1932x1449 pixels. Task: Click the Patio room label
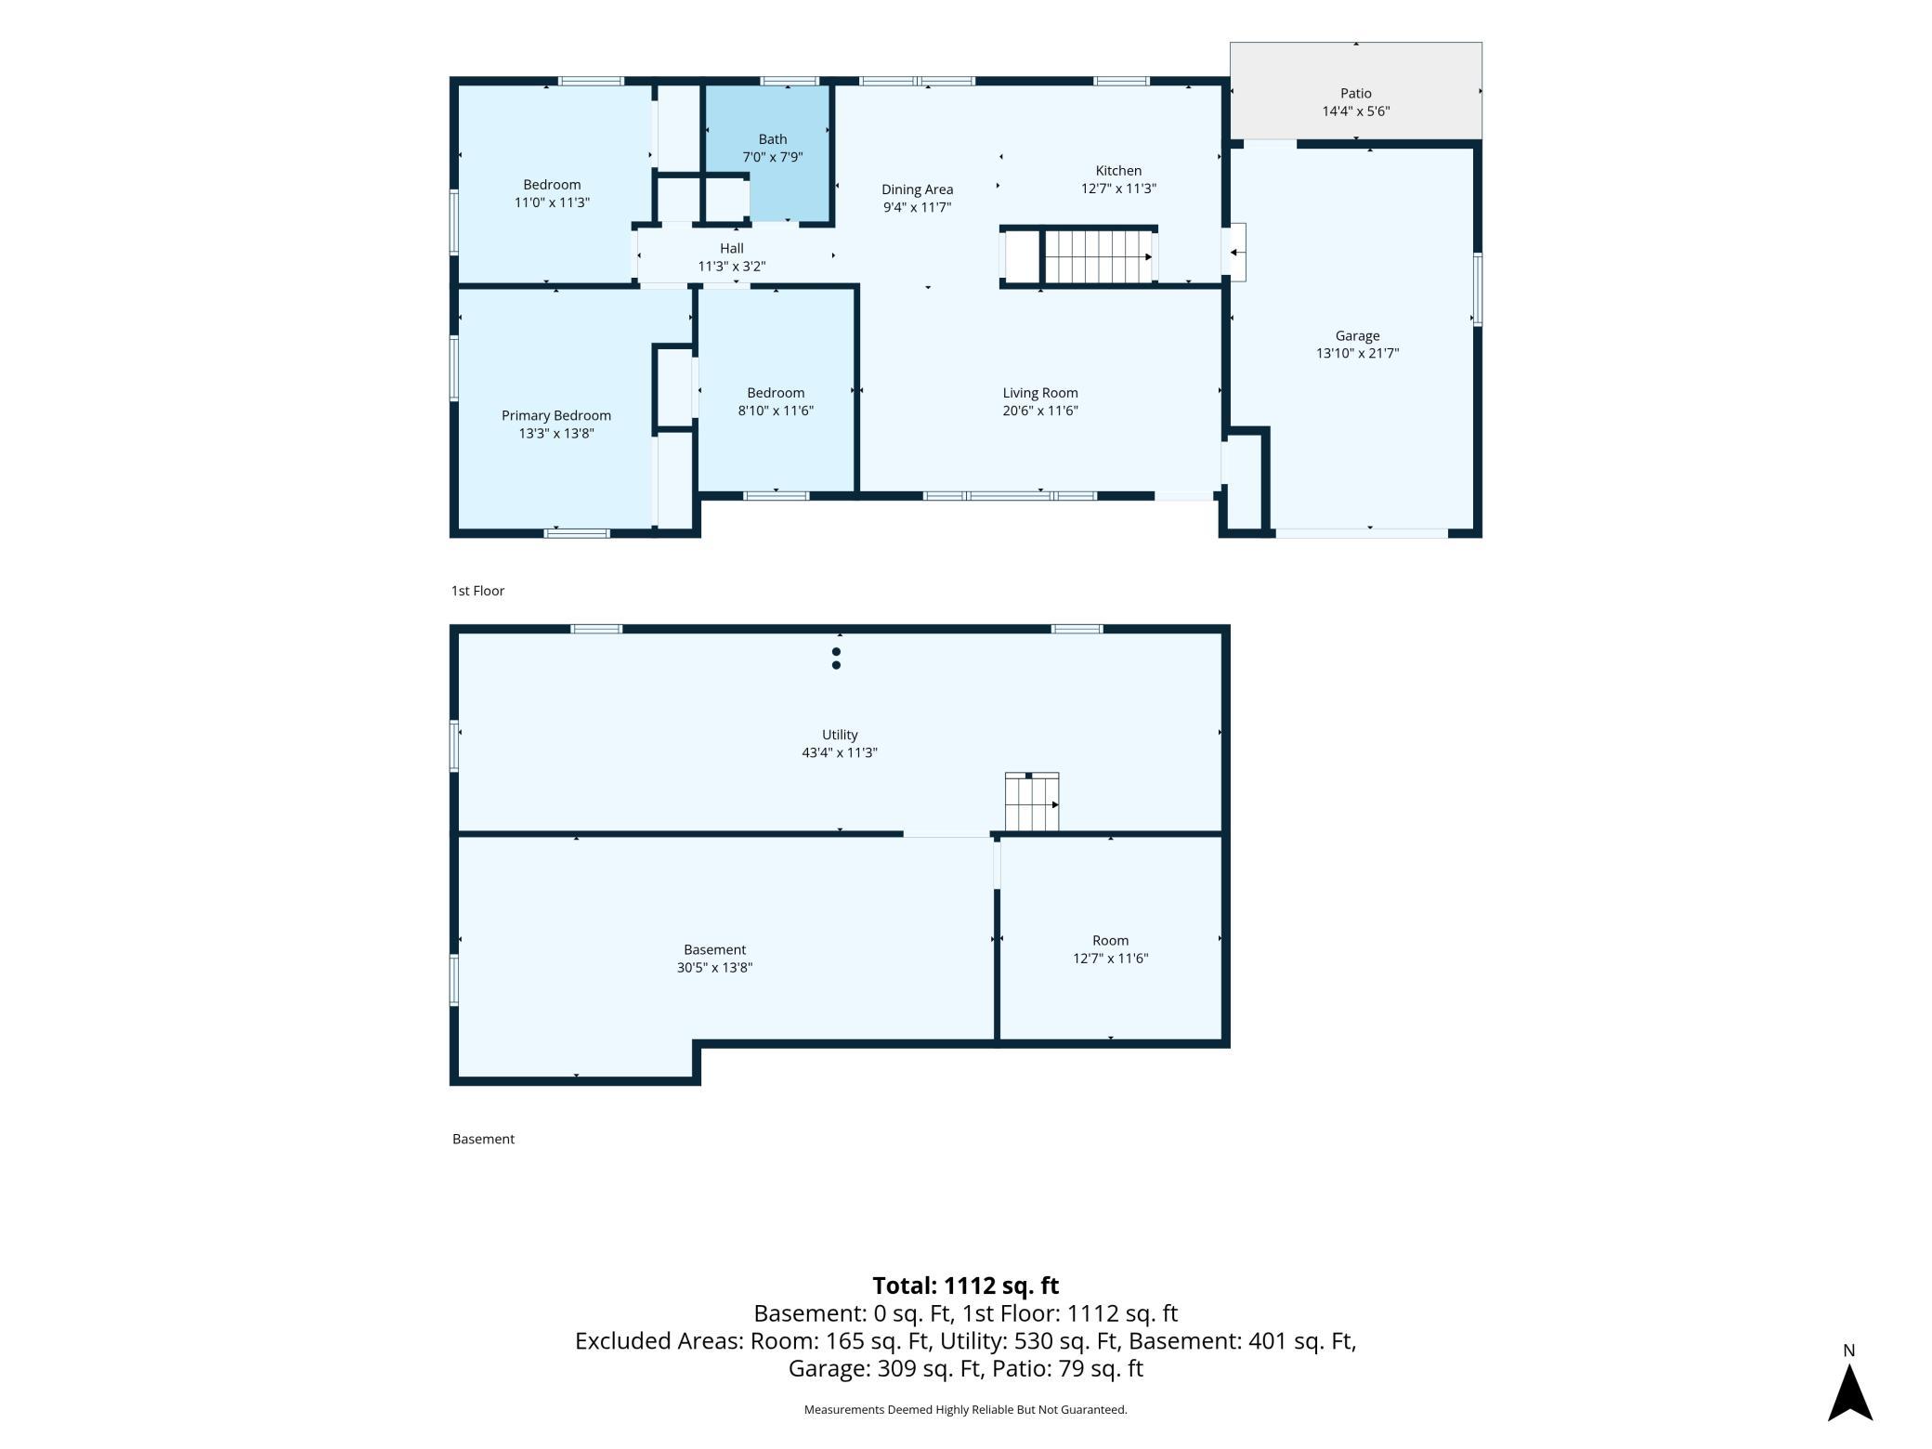pos(1355,93)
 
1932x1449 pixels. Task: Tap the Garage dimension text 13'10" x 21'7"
pos(1357,353)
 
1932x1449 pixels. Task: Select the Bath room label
pos(772,139)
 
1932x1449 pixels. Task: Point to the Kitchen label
pos(1118,170)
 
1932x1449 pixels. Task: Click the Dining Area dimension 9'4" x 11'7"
pos(917,207)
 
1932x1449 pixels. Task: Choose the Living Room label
pos(1040,393)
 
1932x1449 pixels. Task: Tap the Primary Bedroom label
pos(556,415)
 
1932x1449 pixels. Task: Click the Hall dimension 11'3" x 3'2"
pos(732,267)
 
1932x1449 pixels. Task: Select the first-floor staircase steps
pos(1099,256)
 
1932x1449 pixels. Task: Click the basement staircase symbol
pos(1032,803)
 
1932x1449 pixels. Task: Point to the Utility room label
pos(840,735)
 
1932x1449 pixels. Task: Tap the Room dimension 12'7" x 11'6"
pos(1110,959)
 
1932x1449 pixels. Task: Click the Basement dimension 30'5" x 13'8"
pos(714,968)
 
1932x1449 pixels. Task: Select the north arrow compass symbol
pos(1849,1391)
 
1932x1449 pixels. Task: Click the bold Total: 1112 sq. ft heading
pos(965,1286)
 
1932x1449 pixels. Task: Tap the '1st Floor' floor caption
pos(477,591)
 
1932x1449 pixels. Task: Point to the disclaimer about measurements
pos(965,1410)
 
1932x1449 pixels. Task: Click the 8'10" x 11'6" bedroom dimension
pos(776,411)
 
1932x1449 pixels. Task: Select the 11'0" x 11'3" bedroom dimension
pos(552,202)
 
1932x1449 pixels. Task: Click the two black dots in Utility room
pos(836,659)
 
